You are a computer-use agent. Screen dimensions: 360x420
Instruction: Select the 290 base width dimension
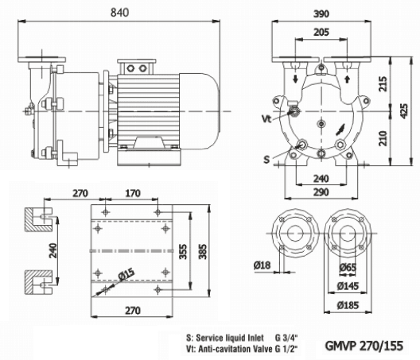322,193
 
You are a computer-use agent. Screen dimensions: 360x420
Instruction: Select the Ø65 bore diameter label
347,268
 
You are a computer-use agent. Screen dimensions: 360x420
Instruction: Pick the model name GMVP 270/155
364,346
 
